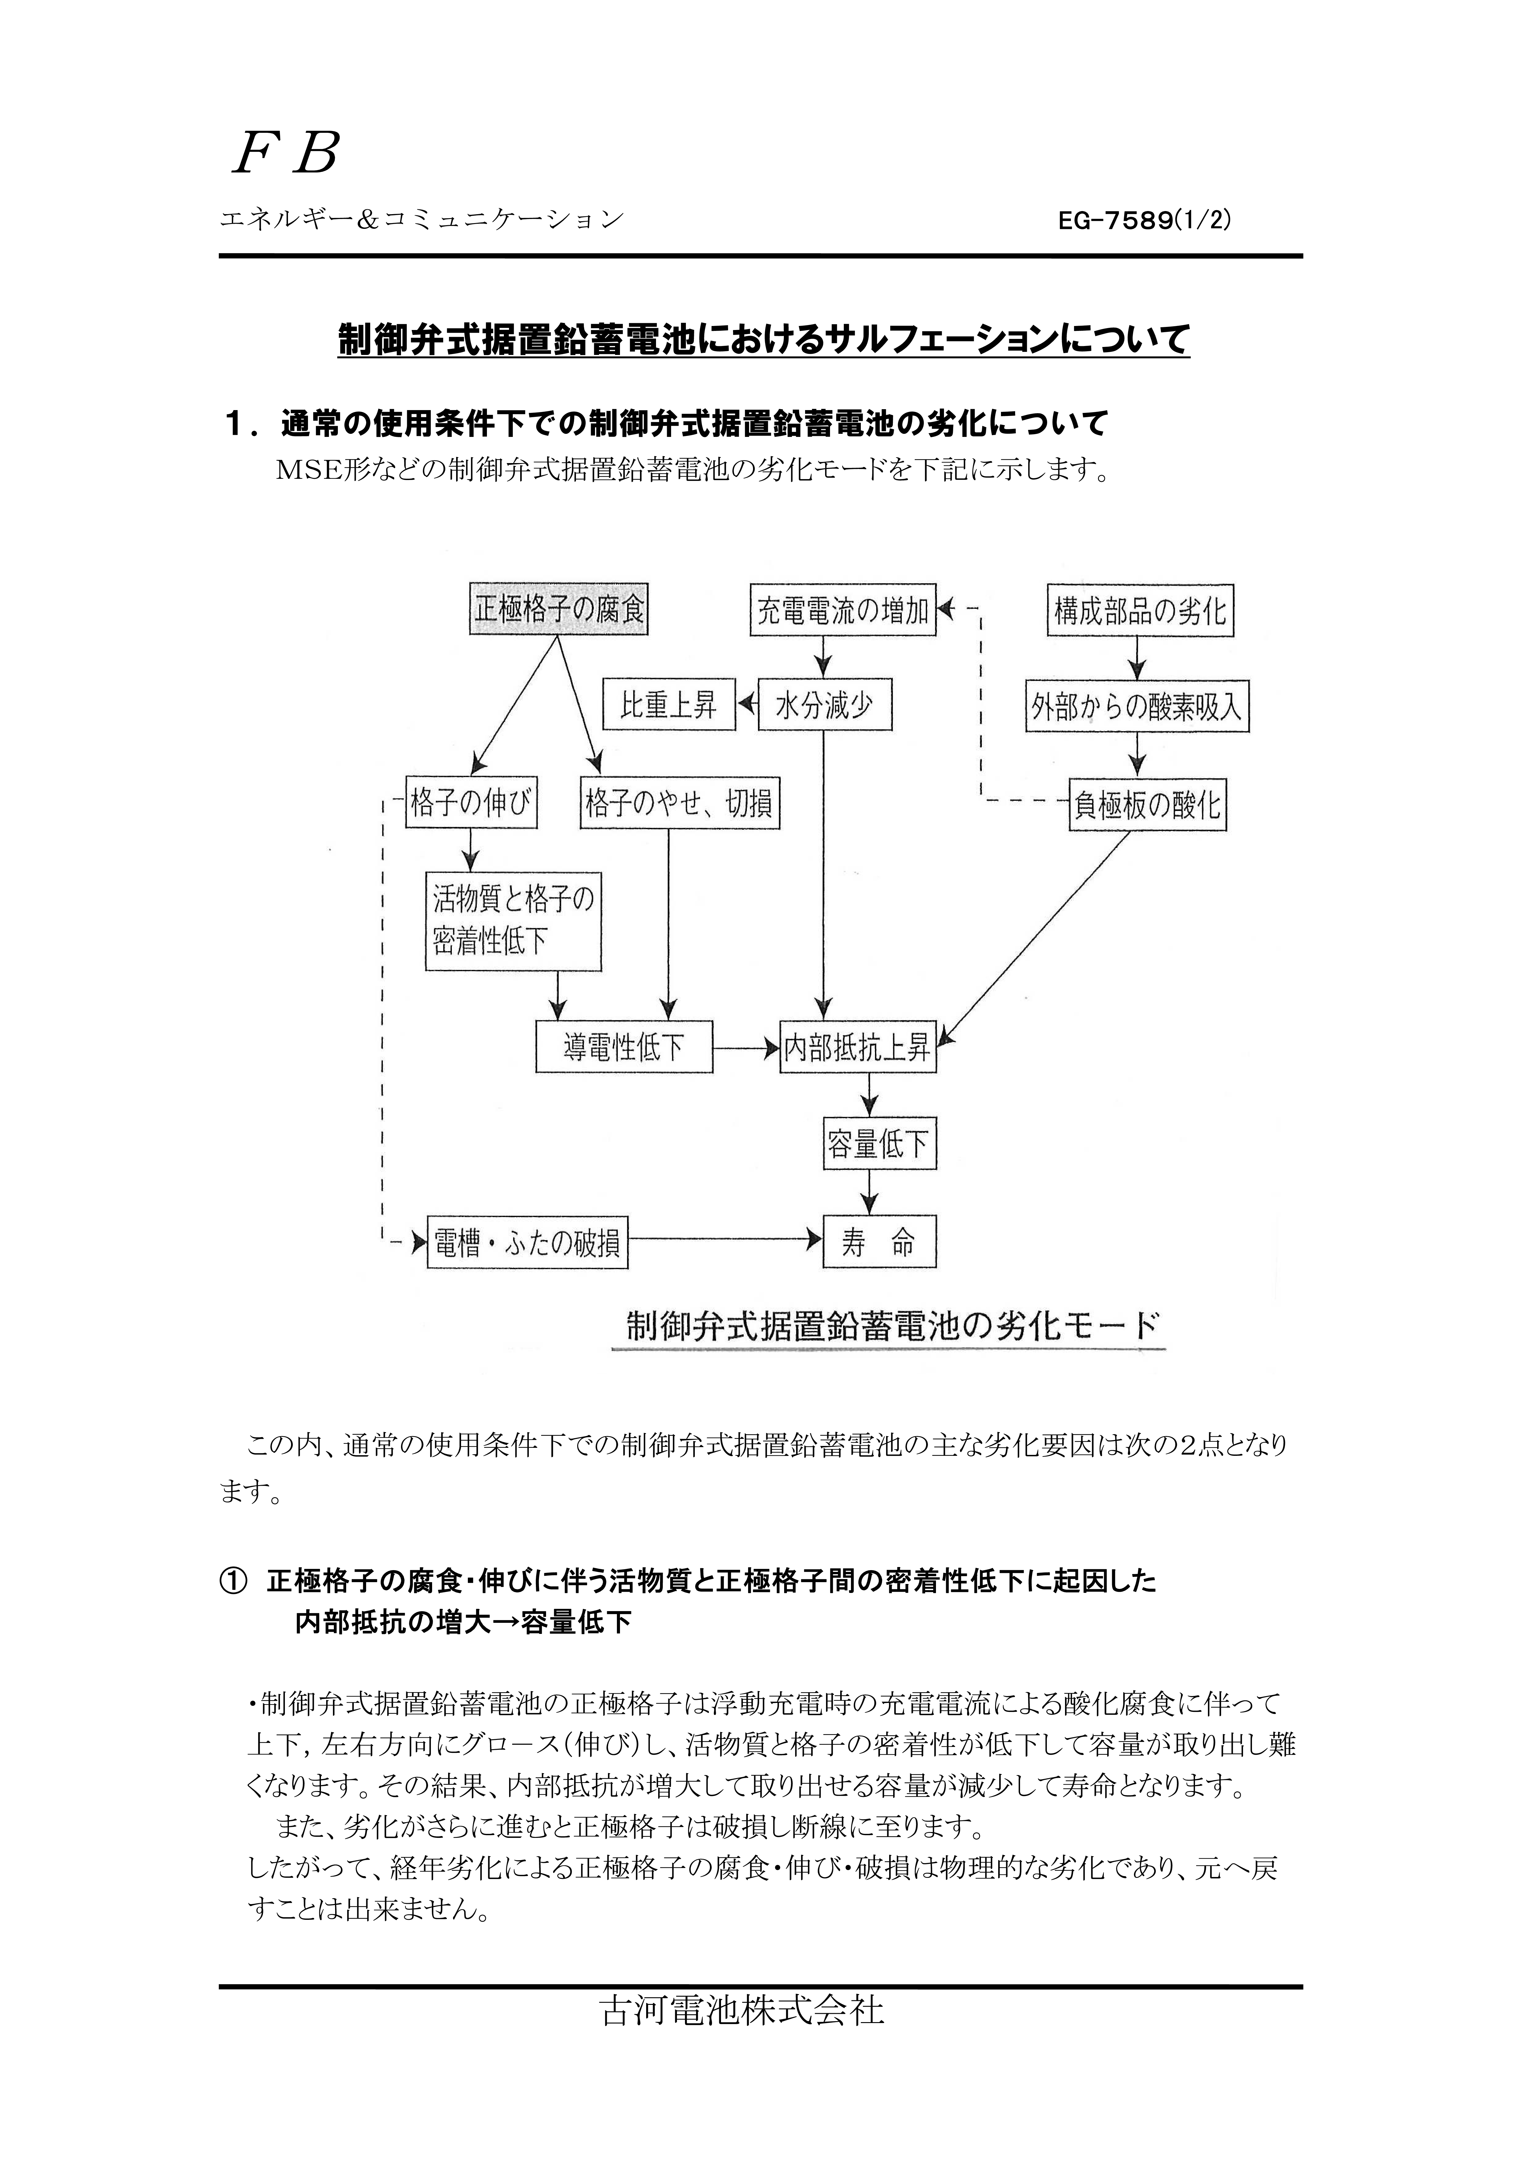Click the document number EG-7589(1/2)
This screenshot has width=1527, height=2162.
1145,220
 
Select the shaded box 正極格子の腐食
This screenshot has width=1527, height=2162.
559,609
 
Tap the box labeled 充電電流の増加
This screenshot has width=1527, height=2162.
844,610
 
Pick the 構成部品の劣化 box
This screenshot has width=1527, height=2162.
1140,611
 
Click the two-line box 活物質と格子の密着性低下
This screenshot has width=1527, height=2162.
513,920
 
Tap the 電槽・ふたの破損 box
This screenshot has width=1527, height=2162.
527,1243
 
